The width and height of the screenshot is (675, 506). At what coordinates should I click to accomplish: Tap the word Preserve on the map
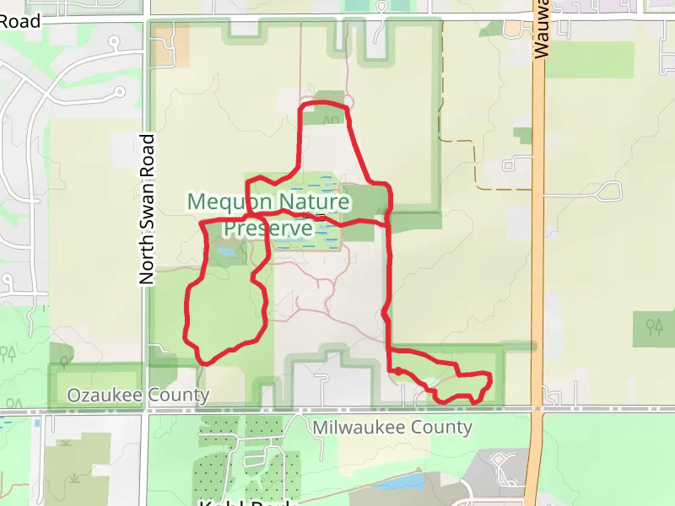tap(267, 229)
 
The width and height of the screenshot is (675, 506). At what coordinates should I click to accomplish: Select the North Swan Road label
tap(147, 208)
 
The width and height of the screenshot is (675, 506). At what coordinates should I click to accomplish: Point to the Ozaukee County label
tap(138, 395)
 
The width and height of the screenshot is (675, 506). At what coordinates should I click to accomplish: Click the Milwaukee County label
tap(391, 427)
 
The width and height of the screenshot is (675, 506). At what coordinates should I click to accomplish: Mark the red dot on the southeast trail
tap(397, 370)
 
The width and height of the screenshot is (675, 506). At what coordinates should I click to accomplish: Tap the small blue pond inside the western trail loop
tap(225, 251)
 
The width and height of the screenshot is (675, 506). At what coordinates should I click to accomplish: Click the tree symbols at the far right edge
tap(655, 325)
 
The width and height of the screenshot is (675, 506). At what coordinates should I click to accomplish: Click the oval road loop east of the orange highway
tap(607, 191)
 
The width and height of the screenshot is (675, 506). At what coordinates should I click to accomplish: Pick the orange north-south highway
tap(537, 253)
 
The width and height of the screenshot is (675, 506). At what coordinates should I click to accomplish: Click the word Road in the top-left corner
tap(20, 22)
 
